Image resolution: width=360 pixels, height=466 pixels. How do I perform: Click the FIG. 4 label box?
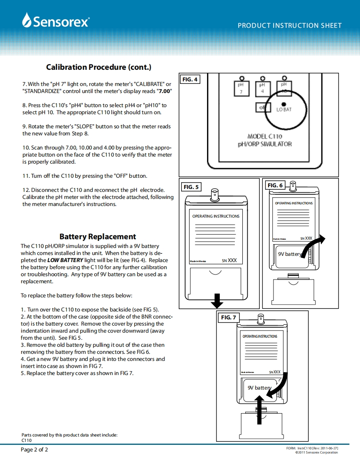click(190, 79)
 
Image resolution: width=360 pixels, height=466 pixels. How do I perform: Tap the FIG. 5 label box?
click(191, 187)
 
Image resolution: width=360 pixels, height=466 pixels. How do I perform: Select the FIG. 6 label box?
click(275, 185)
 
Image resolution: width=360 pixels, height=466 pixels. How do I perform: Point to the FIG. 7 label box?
click(228, 317)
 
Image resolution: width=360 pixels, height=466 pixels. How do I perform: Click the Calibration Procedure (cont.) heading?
click(99, 67)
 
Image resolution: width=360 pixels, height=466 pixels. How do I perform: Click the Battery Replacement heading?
click(98, 237)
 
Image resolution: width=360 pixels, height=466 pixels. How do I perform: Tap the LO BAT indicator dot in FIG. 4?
click(284, 104)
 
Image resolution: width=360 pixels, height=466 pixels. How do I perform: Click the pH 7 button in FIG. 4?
click(241, 88)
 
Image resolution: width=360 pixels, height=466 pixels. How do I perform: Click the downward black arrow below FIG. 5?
click(217, 300)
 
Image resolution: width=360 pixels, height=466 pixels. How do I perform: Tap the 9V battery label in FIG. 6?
click(289, 254)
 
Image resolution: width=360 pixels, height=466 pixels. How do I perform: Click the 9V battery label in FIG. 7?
click(259, 388)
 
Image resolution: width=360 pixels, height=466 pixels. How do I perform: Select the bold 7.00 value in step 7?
click(165, 91)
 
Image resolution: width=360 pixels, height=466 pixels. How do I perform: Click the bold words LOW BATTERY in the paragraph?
click(65, 260)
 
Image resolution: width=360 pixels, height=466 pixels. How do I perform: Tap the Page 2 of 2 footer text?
click(35, 449)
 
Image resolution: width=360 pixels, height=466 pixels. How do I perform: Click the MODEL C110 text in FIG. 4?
click(264, 136)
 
